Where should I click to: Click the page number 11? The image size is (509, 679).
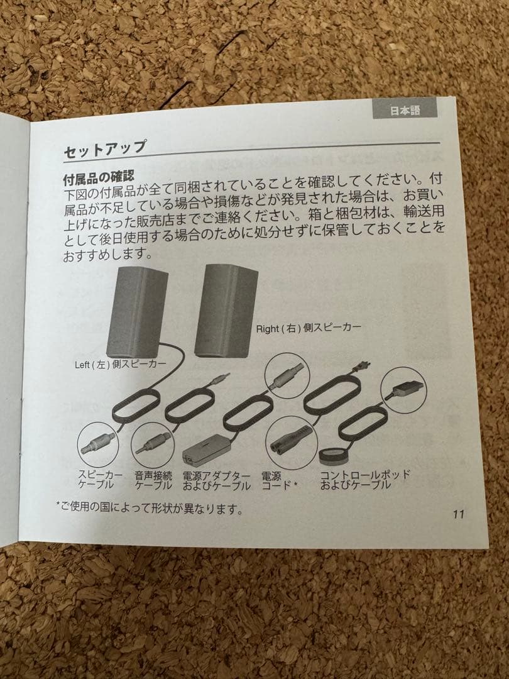click(458, 514)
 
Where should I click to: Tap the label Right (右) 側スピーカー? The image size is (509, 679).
click(309, 328)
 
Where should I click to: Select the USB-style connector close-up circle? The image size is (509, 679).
click(403, 390)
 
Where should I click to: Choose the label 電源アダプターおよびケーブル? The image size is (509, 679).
click(216, 480)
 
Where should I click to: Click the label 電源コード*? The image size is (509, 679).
click(279, 480)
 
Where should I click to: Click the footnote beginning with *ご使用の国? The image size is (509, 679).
click(150, 508)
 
